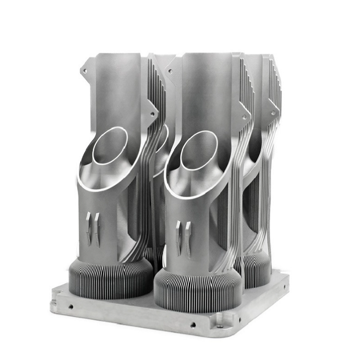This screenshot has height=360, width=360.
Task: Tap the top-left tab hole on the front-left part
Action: click(86, 66)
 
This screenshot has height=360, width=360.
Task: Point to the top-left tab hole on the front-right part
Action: click(173, 67)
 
